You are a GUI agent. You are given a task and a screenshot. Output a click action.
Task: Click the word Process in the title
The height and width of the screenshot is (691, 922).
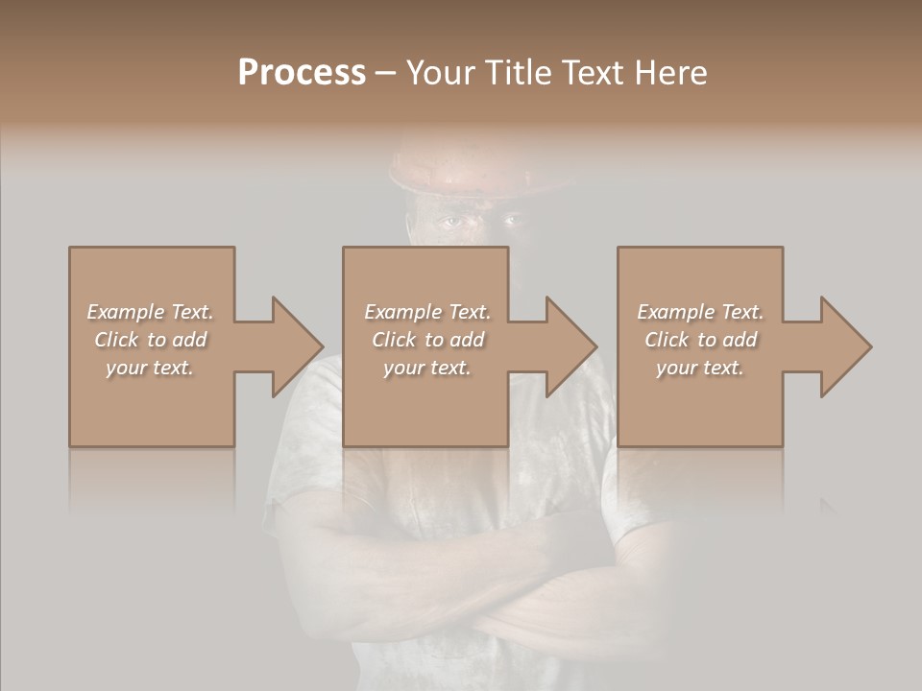tap(302, 73)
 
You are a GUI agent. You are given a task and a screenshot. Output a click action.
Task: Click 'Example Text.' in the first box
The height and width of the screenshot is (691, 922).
tap(150, 312)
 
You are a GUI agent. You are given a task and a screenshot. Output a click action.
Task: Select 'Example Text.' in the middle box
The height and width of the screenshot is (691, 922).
tap(426, 312)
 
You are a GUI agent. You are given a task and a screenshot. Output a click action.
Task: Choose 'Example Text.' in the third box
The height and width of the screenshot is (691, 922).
tap(700, 312)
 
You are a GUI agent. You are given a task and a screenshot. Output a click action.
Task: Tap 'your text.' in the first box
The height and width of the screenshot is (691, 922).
tap(150, 368)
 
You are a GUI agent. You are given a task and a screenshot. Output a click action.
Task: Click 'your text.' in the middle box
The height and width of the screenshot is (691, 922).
tap(426, 368)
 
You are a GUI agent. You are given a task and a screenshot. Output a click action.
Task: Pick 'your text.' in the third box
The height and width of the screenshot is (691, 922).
tap(700, 368)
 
